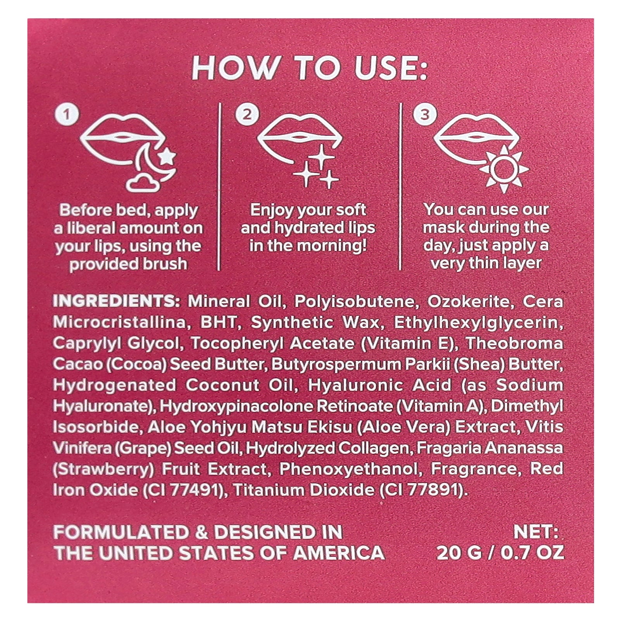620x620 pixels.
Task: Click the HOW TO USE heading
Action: pos(310,68)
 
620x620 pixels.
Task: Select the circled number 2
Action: pos(246,114)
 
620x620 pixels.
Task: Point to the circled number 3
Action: pos(425,114)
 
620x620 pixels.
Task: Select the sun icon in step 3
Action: pos(503,169)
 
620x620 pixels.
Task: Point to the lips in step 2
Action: pos(299,138)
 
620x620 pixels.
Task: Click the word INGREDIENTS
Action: pos(117,301)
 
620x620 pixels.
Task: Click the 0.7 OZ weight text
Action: pos(532,553)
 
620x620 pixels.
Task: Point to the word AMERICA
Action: pos(339,553)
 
